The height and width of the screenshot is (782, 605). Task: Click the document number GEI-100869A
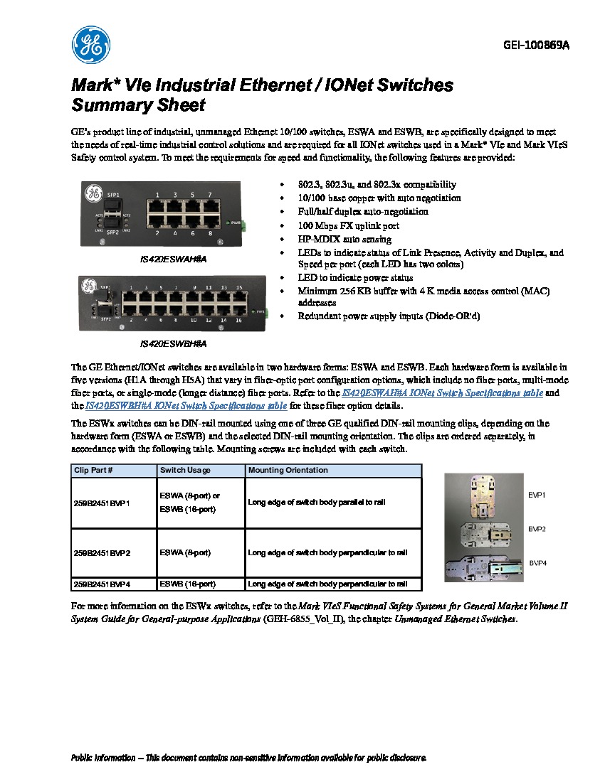point(536,45)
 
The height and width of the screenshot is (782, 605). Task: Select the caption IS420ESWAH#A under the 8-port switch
point(172,259)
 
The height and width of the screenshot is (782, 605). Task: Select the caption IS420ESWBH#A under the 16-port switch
point(172,343)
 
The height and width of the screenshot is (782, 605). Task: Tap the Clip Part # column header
point(93,471)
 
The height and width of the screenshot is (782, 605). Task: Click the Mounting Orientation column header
point(288,471)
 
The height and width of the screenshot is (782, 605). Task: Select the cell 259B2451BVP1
point(102,503)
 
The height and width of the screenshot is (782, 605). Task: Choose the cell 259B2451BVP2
point(102,552)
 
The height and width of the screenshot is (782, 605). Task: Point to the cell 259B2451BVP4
point(102,584)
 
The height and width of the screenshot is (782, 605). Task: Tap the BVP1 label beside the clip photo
point(537,494)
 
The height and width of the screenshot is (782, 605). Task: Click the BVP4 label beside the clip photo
point(537,562)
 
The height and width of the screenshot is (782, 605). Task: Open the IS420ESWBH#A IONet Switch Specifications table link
point(186,406)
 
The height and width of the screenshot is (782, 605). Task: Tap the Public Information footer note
point(248,758)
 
